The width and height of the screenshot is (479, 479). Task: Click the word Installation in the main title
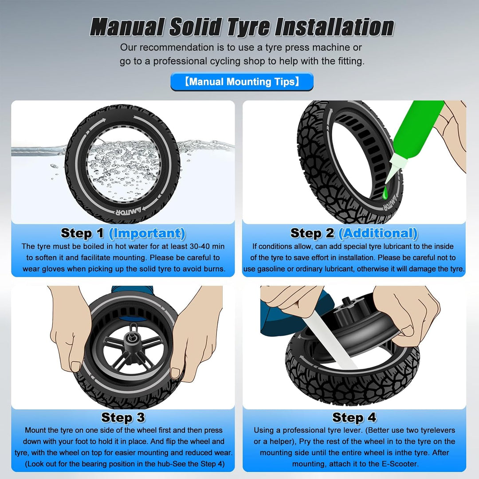click(x=334, y=27)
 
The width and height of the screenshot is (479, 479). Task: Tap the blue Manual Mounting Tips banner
click(x=242, y=82)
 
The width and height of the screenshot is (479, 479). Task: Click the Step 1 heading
click(x=82, y=233)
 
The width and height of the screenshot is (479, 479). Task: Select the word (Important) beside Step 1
click(x=147, y=233)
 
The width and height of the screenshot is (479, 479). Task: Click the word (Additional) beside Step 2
click(x=378, y=233)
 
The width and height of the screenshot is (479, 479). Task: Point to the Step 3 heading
click(x=123, y=417)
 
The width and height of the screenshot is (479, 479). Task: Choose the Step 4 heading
click(x=354, y=417)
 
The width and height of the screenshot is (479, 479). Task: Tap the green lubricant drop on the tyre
click(x=385, y=193)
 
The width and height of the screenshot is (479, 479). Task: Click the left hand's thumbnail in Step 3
click(x=75, y=366)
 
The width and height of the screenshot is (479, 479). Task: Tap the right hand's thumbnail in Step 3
click(x=175, y=373)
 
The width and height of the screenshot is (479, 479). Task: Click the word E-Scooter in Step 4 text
click(x=400, y=464)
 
